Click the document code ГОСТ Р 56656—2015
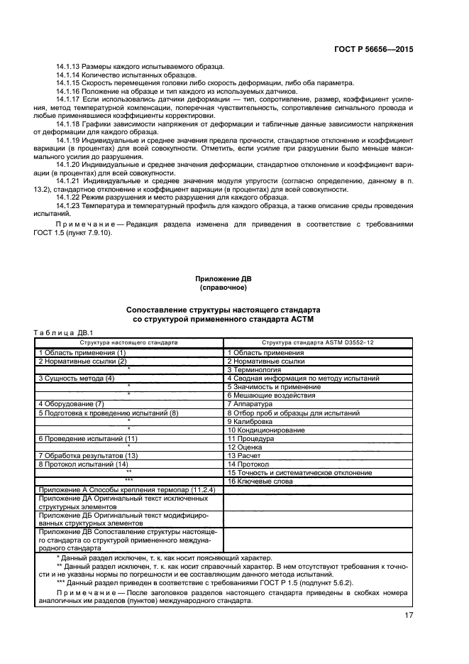click(374, 50)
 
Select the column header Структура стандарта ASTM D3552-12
click(318, 342)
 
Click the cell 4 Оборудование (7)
click(71, 403)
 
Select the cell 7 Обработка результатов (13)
click(87, 455)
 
